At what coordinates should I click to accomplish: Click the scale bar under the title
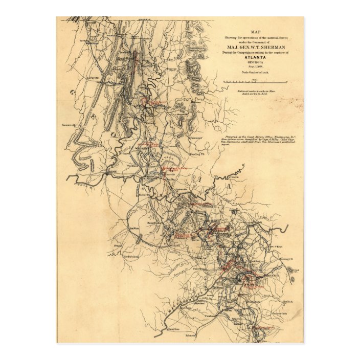[x=255, y=81]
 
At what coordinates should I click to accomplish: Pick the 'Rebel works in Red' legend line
[x=254, y=94]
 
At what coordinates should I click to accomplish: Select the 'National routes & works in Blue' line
[x=254, y=91]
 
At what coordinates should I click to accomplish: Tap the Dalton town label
[x=147, y=65]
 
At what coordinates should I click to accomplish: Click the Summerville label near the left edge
[x=69, y=125]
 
